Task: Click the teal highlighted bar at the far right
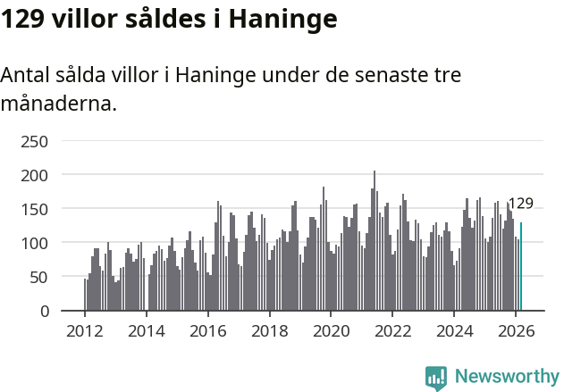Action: (x=521, y=267)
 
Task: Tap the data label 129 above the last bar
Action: (x=520, y=204)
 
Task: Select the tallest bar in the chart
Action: (x=375, y=240)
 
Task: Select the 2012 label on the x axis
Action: (x=85, y=330)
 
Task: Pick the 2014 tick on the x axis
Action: (x=147, y=330)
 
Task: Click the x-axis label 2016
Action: (x=208, y=330)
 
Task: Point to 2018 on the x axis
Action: (x=270, y=330)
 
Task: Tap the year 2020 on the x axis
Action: (x=331, y=330)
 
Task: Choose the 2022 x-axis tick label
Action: (x=392, y=330)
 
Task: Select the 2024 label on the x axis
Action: (x=454, y=330)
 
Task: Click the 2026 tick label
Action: (x=516, y=330)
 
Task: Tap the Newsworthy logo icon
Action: (x=436, y=378)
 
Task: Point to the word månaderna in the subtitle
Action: (x=58, y=104)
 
